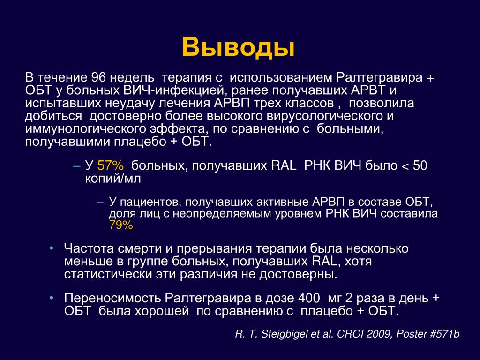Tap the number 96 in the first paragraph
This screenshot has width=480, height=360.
point(98,77)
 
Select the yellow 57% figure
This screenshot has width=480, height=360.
point(111,165)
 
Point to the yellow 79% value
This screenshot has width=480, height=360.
point(121,225)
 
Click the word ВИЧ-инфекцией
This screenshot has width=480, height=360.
point(175,90)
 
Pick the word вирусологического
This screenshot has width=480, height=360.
point(324,116)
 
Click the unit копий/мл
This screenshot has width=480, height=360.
point(113,179)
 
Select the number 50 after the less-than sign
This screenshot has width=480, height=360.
point(420,165)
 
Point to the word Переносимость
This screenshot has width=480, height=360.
point(112,298)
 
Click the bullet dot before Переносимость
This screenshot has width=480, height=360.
point(51,297)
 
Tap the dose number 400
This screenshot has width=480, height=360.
point(309,298)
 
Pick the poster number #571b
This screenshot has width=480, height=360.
point(445,334)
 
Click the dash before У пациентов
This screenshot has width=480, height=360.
point(100,202)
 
